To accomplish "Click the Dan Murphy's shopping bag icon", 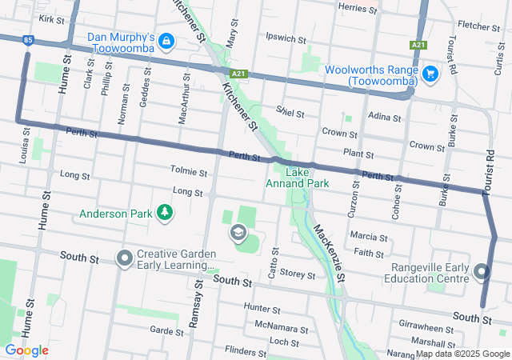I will (166, 39).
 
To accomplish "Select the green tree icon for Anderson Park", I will (164, 213).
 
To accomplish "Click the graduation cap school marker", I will (238, 233).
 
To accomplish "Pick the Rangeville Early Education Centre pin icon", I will (482, 272).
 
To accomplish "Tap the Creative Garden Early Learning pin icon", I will (124, 258).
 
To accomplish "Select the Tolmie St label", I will (189, 171).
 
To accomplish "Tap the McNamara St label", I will (281, 329).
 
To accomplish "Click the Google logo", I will (26, 350).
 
